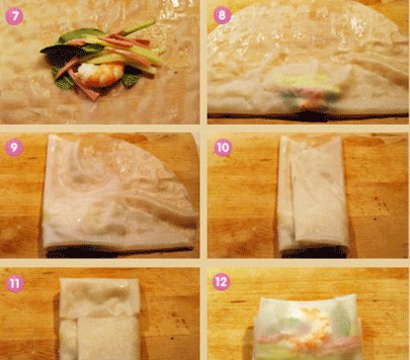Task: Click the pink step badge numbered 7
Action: (x=14, y=16)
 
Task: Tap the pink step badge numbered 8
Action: (x=222, y=15)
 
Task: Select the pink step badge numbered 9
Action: (x=14, y=147)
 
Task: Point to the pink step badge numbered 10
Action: (x=223, y=147)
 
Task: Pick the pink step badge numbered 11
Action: (x=15, y=283)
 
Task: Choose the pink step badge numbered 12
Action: (x=221, y=282)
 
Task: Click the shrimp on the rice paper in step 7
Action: (x=101, y=74)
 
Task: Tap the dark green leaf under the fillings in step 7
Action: (x=62, y=52)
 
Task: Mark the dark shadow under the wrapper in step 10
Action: (x=314, y=252)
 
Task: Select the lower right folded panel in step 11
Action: (x=109, y=338)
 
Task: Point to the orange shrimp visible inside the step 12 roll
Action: (x=313, y=326)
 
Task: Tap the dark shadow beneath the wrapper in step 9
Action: (x=119, y=252)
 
